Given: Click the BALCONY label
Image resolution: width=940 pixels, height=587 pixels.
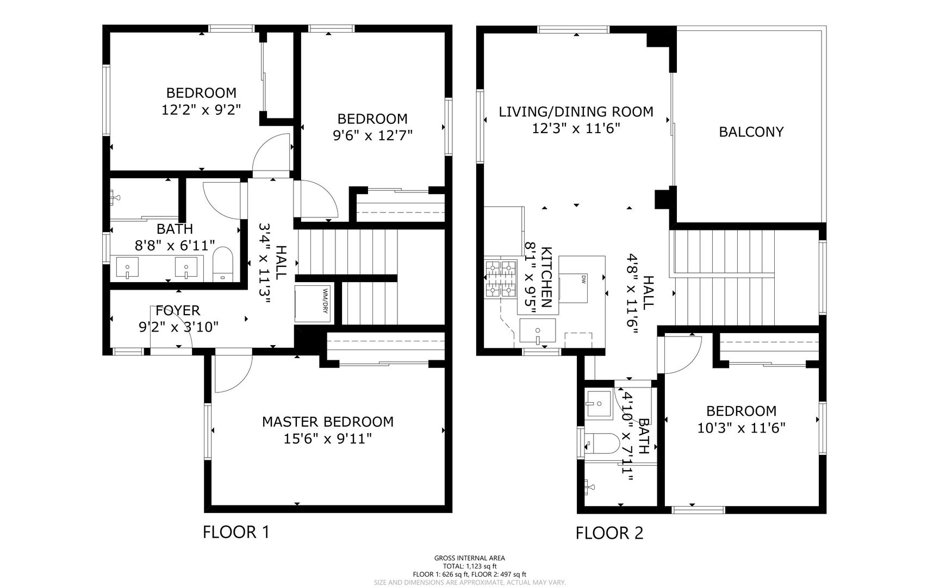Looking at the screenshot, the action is (x=751, y=132).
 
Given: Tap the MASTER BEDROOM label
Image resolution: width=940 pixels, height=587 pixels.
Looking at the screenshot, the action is (x=328, y=422).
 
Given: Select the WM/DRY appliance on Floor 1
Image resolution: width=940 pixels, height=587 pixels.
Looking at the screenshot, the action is (x=313, y=304).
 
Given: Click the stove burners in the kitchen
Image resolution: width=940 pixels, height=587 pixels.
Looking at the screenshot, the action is (x=500, y=279).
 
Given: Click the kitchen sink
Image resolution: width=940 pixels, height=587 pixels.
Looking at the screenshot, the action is (x=537, y=332).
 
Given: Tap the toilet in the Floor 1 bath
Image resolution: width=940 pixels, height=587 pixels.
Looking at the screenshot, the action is (x=222, y=264).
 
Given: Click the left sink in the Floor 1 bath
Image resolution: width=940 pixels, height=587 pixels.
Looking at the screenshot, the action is (x=127, y=268).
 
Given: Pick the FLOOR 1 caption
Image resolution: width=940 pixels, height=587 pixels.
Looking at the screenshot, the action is (x=236, y=532).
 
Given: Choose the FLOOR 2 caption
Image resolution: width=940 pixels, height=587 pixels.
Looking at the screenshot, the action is (x=609, y=533).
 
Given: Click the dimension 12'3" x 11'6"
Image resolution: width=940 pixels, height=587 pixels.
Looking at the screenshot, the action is (x=576, y=128).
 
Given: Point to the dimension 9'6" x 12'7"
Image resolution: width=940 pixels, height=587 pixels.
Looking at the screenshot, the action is (x=372, y=135).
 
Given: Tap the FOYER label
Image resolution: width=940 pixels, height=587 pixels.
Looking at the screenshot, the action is (x=178, y=310).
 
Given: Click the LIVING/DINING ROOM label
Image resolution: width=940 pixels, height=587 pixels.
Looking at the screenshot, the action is (x=576, y=112).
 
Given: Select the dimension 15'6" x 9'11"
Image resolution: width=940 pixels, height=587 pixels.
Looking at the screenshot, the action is (x=328, y=438).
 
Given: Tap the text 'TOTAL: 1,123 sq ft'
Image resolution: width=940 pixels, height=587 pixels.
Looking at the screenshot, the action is (x=470, y=566).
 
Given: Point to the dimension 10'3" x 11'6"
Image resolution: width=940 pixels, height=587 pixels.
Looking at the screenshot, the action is (x=742, y=428).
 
